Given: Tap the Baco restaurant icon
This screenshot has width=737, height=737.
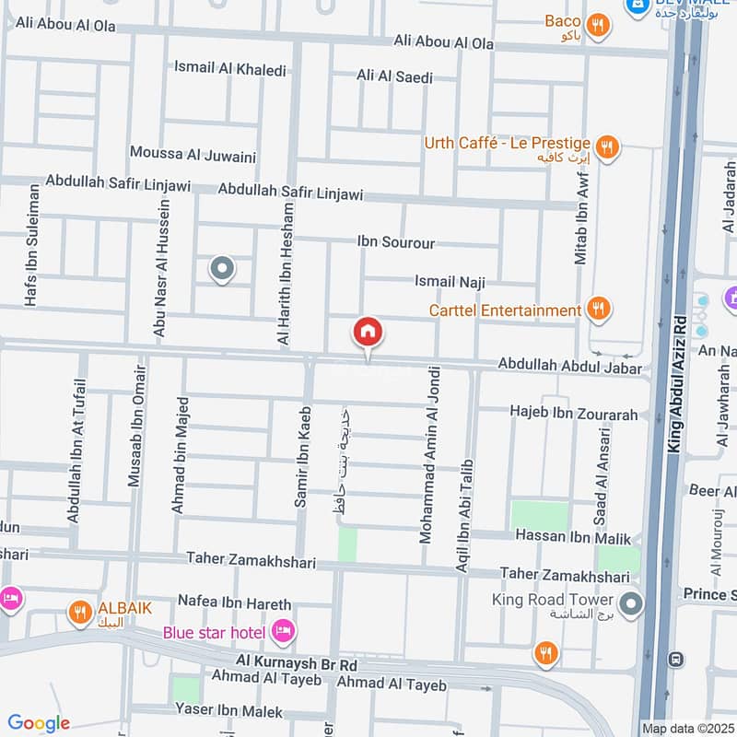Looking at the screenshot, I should coord(599,27).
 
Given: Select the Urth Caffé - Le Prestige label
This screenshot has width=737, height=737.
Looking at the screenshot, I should coord(507,144).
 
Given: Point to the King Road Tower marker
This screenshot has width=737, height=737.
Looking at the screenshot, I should coord(631,604).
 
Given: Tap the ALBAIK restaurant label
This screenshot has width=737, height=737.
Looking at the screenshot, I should coord(124,608).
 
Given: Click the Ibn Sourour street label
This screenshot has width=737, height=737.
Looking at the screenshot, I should coord(396,243).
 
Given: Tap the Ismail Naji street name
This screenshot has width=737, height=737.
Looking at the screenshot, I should coord(450,283).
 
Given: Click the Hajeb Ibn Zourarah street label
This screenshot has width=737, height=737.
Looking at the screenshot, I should coord(574,415).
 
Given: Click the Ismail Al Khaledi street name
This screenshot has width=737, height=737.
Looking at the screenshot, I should coord(230,69).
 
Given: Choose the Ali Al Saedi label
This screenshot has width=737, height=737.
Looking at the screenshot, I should coord(394,77).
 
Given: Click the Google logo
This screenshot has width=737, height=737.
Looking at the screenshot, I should coord(39,723).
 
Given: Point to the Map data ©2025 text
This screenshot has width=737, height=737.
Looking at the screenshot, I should coord(685,728).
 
